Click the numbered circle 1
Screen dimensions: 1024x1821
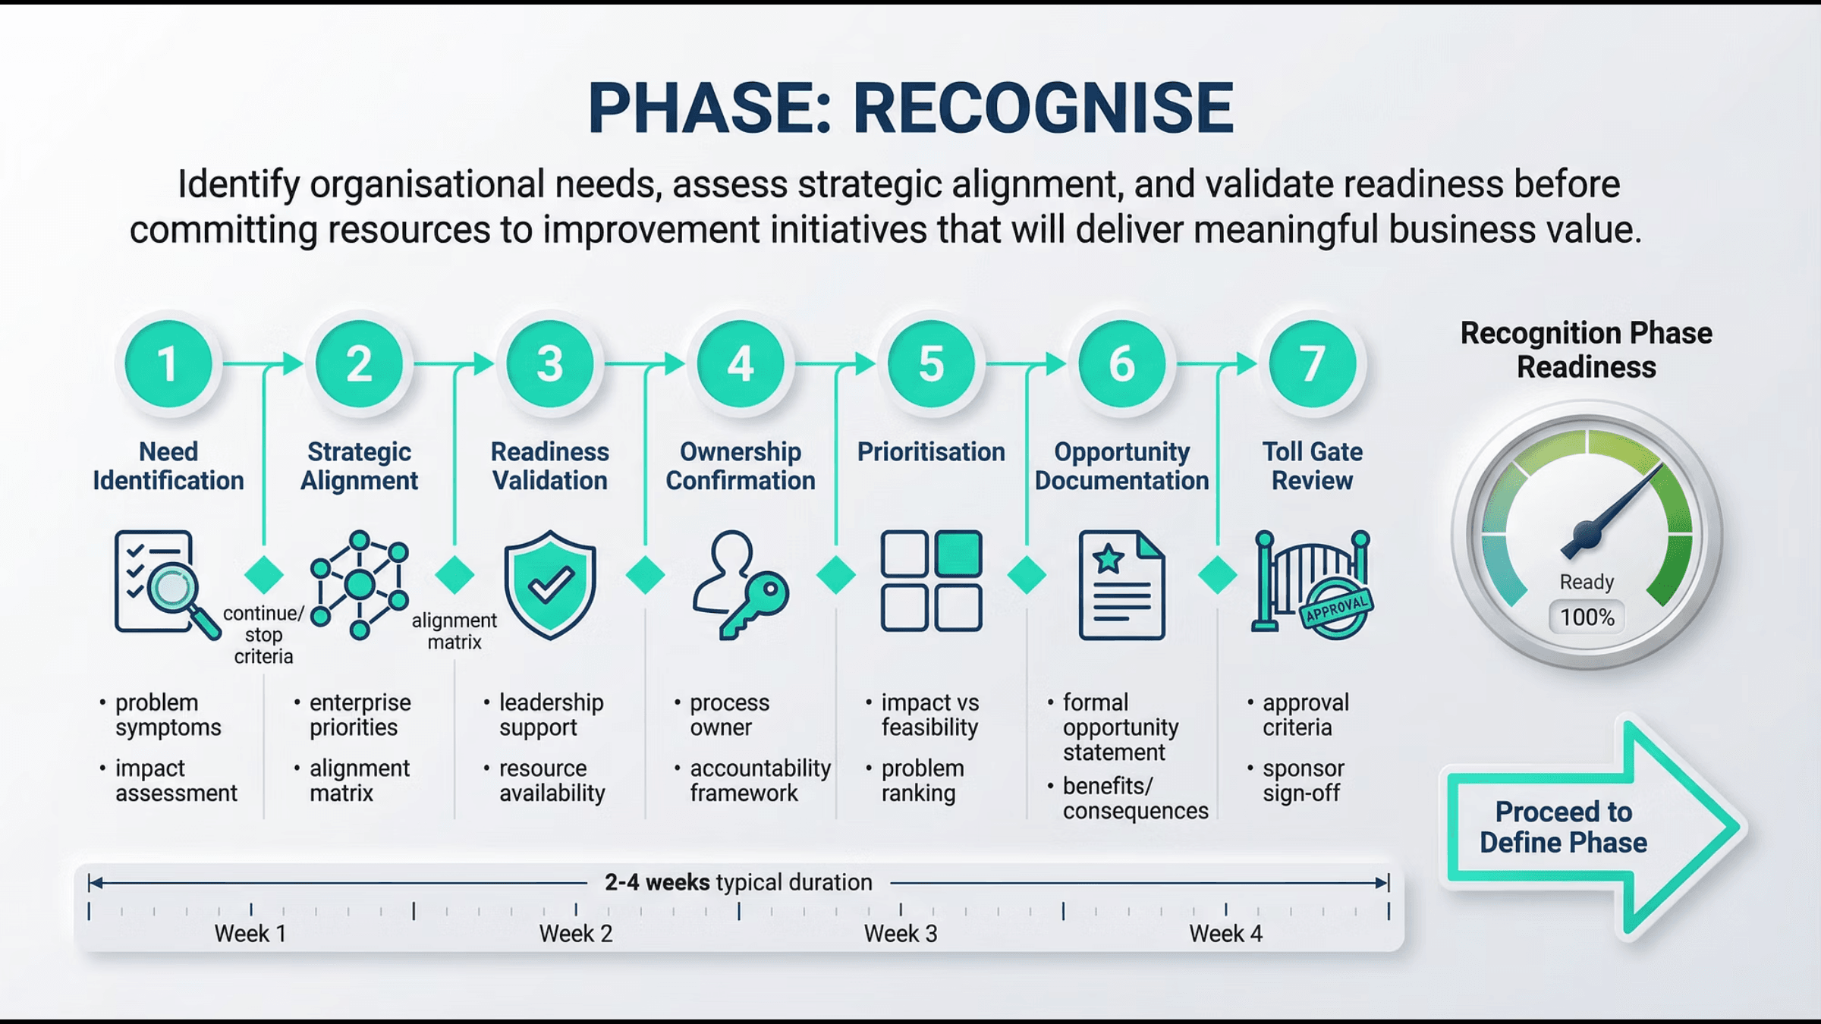tap(168, 363)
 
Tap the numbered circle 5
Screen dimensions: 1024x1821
tap(931, 363)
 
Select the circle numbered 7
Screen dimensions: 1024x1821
tap(1312, 363)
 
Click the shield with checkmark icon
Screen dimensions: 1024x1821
tap(550, 584)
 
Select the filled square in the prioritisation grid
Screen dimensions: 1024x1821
tap(959, 554)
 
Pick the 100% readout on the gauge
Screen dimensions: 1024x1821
tap(1587, 617)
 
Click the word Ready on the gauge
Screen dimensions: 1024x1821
tap(1587, 582)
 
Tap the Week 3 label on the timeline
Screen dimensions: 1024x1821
tap(901, 934)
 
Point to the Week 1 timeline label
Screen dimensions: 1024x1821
tap(250, 934)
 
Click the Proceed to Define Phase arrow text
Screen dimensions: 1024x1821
tap(1563, 828)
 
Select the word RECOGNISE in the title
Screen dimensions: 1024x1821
tap(1043, 108)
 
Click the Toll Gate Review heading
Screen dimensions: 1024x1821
tap(1312, 466)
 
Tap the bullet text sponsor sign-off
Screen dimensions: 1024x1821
tap(1303, 781)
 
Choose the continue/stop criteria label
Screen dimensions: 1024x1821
tap(263, 635)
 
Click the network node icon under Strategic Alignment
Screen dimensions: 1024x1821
tap(360, 584)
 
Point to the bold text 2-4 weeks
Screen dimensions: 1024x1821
tap(657, 882)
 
